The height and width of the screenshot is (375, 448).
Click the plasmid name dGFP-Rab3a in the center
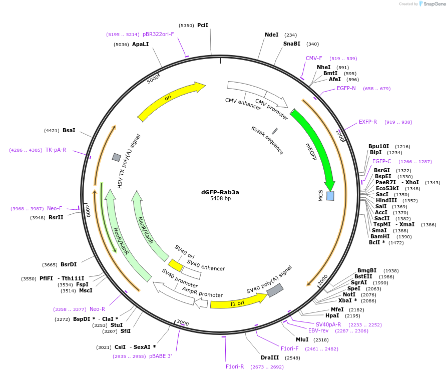pos(220,192)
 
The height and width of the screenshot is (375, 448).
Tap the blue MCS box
pos(330,196)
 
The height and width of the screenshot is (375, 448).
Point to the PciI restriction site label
pos(203,25)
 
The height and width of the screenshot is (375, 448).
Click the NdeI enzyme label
pos(272,35)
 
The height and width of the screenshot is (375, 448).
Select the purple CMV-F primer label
pos(314,58)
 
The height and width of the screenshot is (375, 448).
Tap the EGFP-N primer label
pos(346,88)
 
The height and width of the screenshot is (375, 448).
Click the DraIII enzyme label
pos(270,357)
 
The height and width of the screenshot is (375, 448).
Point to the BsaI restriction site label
pos(69,130)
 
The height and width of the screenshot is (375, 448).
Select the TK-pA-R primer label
pos(56,150)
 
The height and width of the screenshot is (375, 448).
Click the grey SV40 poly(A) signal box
pos(275,290)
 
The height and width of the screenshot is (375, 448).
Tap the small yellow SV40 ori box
pos(175,265)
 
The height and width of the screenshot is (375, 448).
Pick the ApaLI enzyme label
pos(141,44)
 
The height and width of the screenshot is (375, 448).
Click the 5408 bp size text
pos(220,199)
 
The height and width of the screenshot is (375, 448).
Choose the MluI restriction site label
pos(302,339)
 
